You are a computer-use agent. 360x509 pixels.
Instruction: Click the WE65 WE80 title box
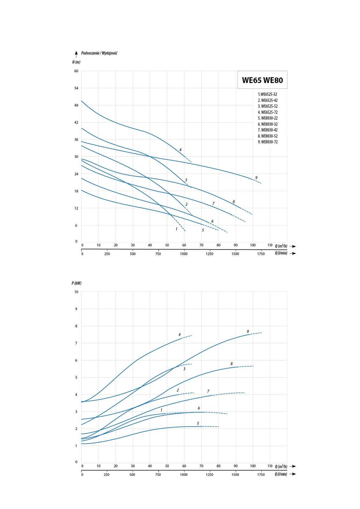pos(262,80)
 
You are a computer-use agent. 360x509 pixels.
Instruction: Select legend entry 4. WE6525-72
pos(268,112)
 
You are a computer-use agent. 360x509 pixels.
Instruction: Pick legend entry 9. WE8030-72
pos(268,142)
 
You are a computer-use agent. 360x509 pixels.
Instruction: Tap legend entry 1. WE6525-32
pos(267,94)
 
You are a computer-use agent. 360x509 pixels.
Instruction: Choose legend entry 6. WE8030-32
pos(268,124)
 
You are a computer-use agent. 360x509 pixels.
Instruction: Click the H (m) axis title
pos(76,62)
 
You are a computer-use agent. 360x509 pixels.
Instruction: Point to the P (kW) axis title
pos(76,283)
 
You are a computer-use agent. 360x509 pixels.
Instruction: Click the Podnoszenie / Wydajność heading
pos(99,53)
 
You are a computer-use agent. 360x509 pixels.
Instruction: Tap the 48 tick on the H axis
pos(76,105)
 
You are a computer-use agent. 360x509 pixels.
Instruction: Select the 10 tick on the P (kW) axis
pos(76,292)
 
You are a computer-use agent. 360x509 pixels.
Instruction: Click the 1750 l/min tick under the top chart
pos(261,254)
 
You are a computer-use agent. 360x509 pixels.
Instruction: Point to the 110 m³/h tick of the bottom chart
pos(270,466)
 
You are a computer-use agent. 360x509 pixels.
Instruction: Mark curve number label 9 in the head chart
pos(256,178)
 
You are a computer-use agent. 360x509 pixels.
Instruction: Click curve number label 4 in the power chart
pos(180,335)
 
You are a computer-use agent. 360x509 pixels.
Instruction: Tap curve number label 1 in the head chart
pos(176,229)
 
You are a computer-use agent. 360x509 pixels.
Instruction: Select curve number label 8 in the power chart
pos(231,364)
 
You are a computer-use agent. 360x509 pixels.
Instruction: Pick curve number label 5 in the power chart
pos(198,423)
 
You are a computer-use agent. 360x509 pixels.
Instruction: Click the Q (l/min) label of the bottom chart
pos(281,474)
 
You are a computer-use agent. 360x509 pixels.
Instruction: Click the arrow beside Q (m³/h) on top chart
pos(293,246)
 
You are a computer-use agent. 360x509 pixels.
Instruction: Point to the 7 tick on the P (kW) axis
pos(76,343)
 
